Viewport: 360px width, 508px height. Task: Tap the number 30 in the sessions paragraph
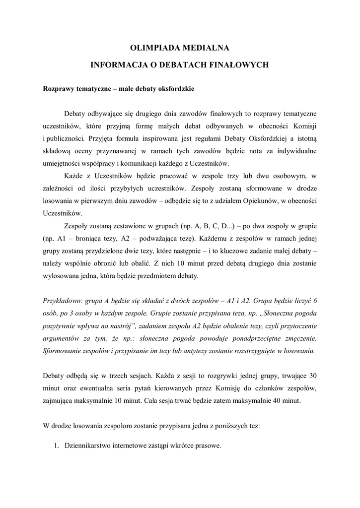pos(311,374)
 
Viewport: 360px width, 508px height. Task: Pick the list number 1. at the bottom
pos(57,446)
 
